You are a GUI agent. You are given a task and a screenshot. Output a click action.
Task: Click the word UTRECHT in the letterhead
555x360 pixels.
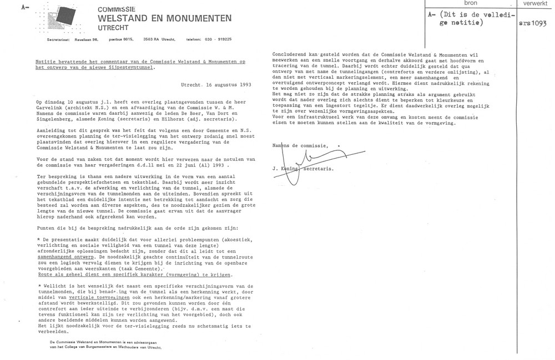[x=113, y=28]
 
